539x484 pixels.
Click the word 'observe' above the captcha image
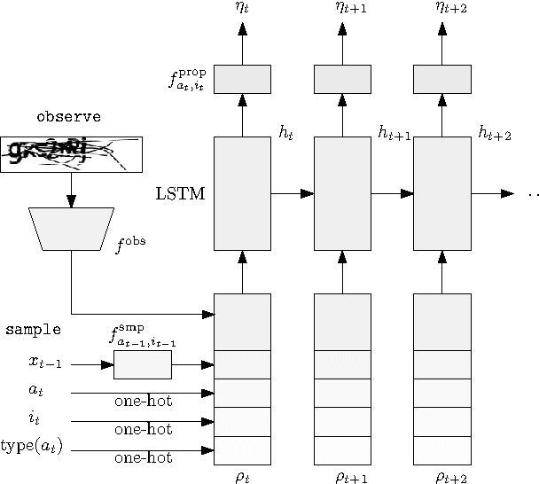pos(68,116)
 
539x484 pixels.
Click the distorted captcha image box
pos(71,154)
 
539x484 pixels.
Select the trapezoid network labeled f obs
pos(71,229)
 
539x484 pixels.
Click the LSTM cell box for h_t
pos(242,193)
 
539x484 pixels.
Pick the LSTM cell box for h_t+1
pos(342,193)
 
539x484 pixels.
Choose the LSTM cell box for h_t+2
pos(441,193)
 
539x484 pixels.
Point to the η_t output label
pos(242,8)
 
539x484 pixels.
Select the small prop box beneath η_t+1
pos(342,79)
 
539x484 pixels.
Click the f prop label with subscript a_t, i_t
pos(188,80)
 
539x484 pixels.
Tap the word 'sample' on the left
pos(33,329)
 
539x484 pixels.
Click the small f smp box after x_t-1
pos(142,364)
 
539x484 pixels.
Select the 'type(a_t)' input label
pos(32,446)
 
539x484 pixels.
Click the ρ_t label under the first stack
pos(242,476)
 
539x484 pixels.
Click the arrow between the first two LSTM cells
pos(293,193)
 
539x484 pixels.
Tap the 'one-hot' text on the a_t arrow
pos(143,402)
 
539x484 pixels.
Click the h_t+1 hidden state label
pos(394,133)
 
